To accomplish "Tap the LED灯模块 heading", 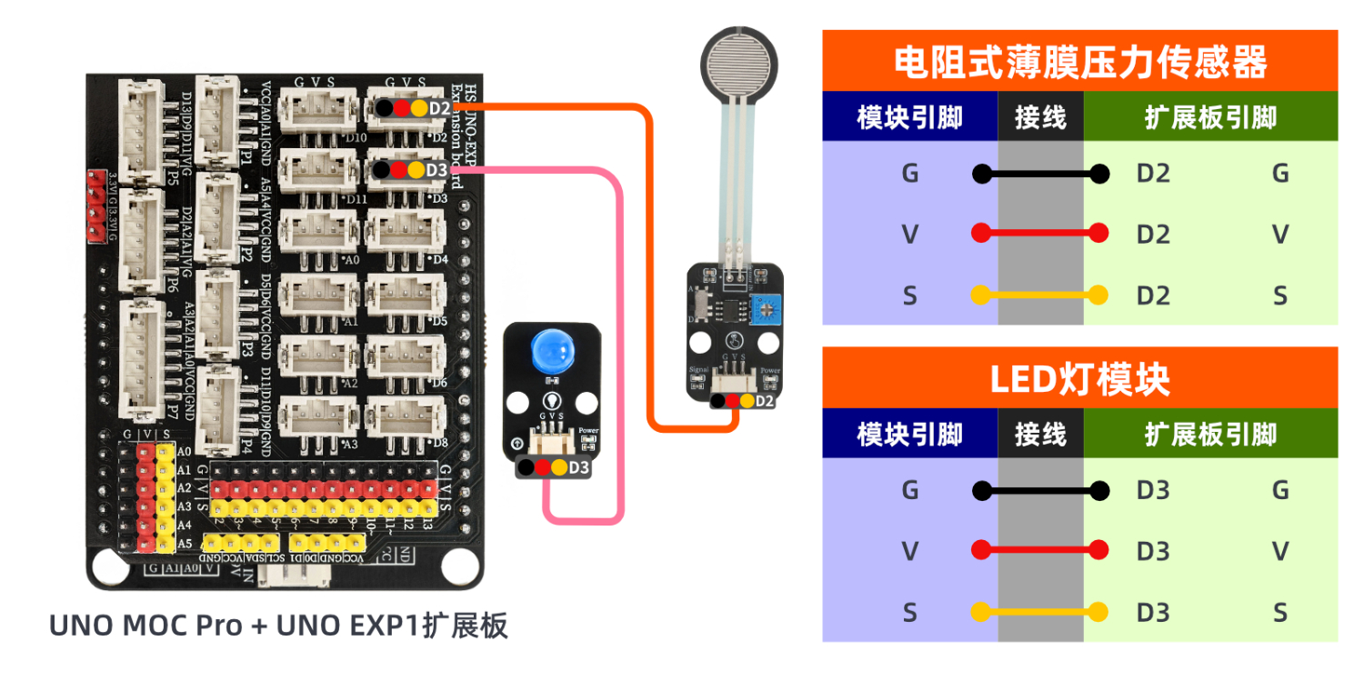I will (1079, 378).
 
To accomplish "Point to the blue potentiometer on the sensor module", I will (764, 310).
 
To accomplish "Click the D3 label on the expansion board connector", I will (436, 170).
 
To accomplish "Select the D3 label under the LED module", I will (579, 468).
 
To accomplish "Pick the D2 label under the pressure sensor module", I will (765, 401).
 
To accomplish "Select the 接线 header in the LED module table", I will (1039, 435).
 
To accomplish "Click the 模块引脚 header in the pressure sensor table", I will (909, 117).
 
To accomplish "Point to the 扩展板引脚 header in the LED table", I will (1210, 435).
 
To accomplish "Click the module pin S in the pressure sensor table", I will (909, 295).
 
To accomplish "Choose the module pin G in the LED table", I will (909, 490).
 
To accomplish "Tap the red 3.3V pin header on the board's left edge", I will (95, 205).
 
